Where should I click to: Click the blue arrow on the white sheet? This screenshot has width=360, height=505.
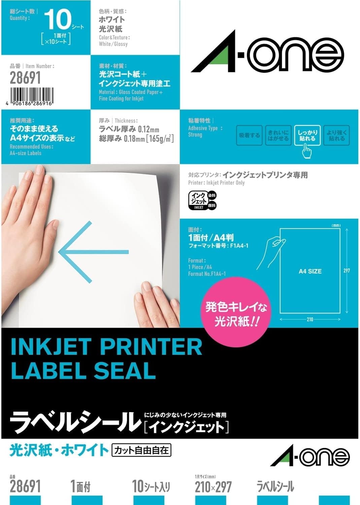(x=93, y=252)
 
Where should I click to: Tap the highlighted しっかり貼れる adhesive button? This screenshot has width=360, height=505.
(x=307, y=135)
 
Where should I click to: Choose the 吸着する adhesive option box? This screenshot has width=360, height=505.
(x=249, y=135)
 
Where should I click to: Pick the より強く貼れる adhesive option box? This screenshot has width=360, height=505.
(x=336, y=135)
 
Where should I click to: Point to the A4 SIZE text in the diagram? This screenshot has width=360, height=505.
(x=310, y=271)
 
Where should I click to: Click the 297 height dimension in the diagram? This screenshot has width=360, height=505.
(x=347, y=271)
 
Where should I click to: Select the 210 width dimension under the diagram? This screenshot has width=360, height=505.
(x=310, y=319)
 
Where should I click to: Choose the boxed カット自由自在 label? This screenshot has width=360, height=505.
(x=141, y=450)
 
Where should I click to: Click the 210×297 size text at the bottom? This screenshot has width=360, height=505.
(x=213, y=487)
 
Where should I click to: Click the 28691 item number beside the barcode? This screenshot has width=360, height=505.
(x=25, y=78)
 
